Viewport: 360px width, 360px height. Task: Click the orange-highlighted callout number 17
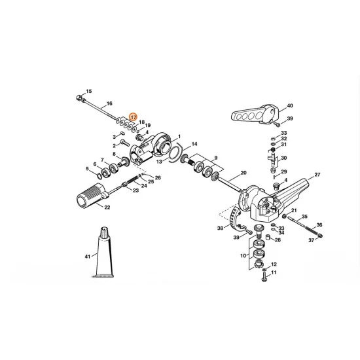pyautogui.click(x=133, y=117)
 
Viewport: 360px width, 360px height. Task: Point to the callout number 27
pyautogui.click(x=317, y=175)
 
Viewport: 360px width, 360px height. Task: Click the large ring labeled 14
pyautogui.click(x=176, y=153)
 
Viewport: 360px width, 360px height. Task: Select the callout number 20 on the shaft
pyautogui.click(x=243, y=173)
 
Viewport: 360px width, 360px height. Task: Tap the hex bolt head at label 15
pyautogui.click(x=79, y=98)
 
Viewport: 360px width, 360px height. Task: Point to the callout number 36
pyautogui.click(x=319, y=225)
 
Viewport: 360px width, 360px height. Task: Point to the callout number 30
pyautogui.click(x=283, y=158)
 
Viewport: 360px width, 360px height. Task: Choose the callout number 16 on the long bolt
pyautogui.click(x=109, y=103)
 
